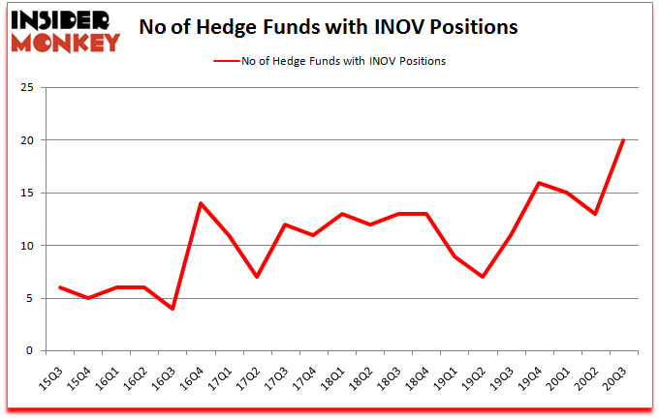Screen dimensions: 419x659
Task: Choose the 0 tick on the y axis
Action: (x=31, y=350)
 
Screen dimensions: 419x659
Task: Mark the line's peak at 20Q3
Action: (x=622, y=140)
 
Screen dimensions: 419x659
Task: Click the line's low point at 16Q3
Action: (x=172, y=309)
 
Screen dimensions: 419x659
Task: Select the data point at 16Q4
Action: (x=200, y=203)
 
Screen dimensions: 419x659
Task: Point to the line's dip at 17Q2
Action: (x=256, y=277)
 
